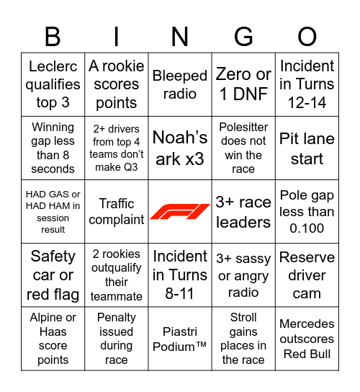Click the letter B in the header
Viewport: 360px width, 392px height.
53,36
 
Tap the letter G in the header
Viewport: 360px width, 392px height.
243,36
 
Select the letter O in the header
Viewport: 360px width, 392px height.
307,36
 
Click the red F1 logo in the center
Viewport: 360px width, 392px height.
180,212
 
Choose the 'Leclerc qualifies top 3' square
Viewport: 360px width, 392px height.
53,84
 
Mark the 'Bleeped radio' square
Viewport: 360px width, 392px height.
180,84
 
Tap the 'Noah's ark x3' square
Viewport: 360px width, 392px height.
180,148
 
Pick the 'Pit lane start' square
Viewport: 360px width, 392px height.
307,148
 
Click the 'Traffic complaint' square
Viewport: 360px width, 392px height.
117,211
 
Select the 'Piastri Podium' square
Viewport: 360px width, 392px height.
180,338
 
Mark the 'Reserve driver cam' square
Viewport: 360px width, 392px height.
307,275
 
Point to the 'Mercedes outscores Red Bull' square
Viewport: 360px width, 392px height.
307,338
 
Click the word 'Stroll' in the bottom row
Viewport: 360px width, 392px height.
243,317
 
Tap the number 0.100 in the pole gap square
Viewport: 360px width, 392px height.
307,228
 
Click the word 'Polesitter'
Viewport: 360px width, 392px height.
243,128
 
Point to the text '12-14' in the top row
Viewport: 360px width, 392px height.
307,102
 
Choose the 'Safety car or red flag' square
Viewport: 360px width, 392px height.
53,275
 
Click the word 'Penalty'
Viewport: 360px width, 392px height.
117,317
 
